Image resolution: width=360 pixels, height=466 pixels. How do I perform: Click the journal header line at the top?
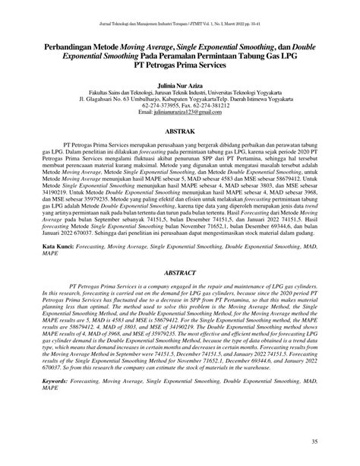point(180,12)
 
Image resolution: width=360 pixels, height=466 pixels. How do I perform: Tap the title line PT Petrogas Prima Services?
point(180,65)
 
